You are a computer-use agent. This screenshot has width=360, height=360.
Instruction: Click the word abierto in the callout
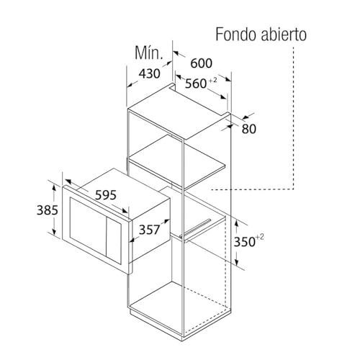(284, 35)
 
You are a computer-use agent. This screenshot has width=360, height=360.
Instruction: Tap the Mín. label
(149, 53)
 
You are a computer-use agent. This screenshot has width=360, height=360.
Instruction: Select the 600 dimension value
(201, 63)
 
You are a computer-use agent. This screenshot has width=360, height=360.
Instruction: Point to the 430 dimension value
(149, 73)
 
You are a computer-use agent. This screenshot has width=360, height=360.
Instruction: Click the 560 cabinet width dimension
(196, 84)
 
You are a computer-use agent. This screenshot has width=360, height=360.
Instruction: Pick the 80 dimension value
(249, 129)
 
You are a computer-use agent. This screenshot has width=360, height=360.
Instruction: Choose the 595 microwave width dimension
(106, 195)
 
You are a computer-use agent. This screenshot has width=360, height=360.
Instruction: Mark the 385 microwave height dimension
(48, 210)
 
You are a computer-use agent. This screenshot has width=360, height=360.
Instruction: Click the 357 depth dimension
(149, 230)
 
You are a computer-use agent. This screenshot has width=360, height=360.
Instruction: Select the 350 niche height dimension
(244, 242)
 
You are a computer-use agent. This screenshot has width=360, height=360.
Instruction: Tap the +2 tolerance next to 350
(260, 238)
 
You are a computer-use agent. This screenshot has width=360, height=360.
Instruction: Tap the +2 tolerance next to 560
(212, 80)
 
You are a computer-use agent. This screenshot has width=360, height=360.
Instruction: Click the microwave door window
(88, 226)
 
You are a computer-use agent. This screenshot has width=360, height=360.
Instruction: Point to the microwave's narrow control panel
(114, 241)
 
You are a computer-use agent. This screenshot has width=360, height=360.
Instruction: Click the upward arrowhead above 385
(55, 186)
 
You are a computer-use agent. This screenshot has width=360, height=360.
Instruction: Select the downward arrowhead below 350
(237, 262)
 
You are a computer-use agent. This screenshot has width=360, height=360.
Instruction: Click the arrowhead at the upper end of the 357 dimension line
(166, 221)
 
